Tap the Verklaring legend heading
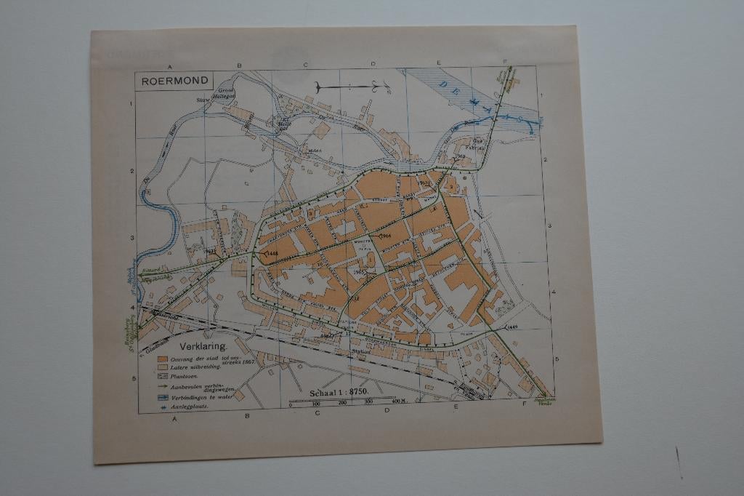point(199,347)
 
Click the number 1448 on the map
point(270,254)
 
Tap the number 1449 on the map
point(513,327)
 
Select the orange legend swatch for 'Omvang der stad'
point(162,359)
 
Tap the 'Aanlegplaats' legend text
point(188,407)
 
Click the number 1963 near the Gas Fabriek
point(459,156)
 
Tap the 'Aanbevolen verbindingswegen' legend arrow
point(163,388)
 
